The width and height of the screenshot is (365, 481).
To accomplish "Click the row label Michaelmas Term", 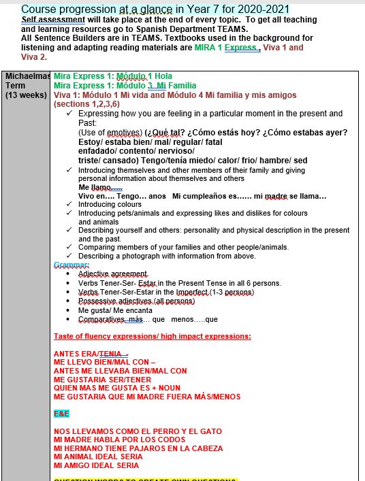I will tap(25, 81).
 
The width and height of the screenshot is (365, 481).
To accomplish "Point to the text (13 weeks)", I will tap(25, 96).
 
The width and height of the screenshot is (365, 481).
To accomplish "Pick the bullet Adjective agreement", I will tap(113, 273).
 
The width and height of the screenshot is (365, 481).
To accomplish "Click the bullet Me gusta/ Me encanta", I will tap(116, 310).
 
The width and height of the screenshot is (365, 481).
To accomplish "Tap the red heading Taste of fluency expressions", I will tap(152, 336).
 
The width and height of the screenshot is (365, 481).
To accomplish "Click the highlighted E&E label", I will tap(61, 414).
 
